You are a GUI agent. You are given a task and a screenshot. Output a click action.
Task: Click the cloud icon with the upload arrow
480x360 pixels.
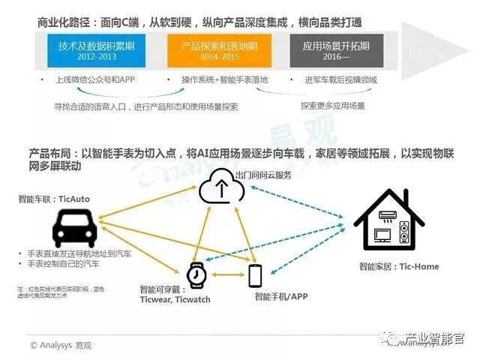pyautogui.click(x=221, y=187)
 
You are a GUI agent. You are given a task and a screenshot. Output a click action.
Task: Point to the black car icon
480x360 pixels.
pyautogui.click(x=74, y=226)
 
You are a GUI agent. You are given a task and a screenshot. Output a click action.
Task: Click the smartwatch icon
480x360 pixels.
pyautogui.click(x=196, y=275)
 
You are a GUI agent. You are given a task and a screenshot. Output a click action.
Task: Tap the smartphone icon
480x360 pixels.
pyautogui.click(x=254, y=276)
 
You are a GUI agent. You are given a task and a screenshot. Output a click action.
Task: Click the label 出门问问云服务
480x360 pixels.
pyautogui.click(x=262, y=174)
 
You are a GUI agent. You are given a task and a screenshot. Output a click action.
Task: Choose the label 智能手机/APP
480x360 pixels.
pyautogui.click(x=281, y=296)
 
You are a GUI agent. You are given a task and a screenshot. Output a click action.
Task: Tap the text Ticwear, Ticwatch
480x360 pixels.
pyautogui.click(x=175, y=299)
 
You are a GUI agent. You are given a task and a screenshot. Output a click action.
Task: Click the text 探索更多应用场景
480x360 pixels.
pyautogui.click(x=332, y=106)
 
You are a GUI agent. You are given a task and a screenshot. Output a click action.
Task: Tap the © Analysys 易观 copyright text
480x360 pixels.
pyautogui.click(x=63, y=345)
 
